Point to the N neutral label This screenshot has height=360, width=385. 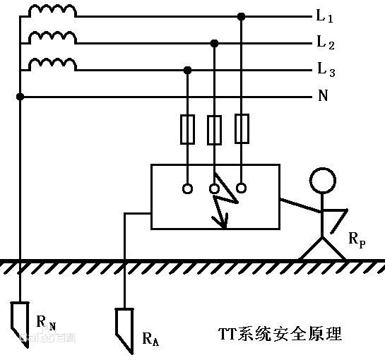(323, 95)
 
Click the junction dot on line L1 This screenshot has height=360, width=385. (242, 16)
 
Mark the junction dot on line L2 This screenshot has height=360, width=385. (215, 43)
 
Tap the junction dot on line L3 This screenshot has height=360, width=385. (188, 69)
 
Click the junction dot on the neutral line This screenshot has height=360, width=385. (20, 96)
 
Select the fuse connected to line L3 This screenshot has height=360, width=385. (188, 128)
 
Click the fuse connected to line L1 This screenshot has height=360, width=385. (242, 128)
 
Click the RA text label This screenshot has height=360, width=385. (150, 340)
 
